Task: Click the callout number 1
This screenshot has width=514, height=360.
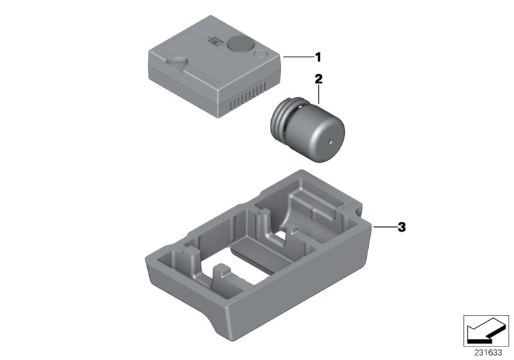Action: click(317, 57)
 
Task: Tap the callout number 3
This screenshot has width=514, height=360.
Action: click(402, 227)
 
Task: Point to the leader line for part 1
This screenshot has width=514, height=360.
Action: click(296, 57)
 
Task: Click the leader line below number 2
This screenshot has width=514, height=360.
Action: click(317, 94)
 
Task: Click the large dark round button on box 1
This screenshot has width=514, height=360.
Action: click(240, 43)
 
